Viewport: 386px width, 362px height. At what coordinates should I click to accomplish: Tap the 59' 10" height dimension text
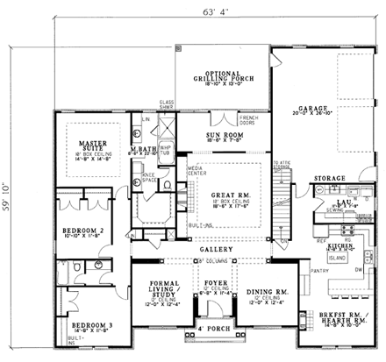[x=12, y=189]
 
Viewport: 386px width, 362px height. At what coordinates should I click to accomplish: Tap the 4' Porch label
[x=211, y=329]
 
